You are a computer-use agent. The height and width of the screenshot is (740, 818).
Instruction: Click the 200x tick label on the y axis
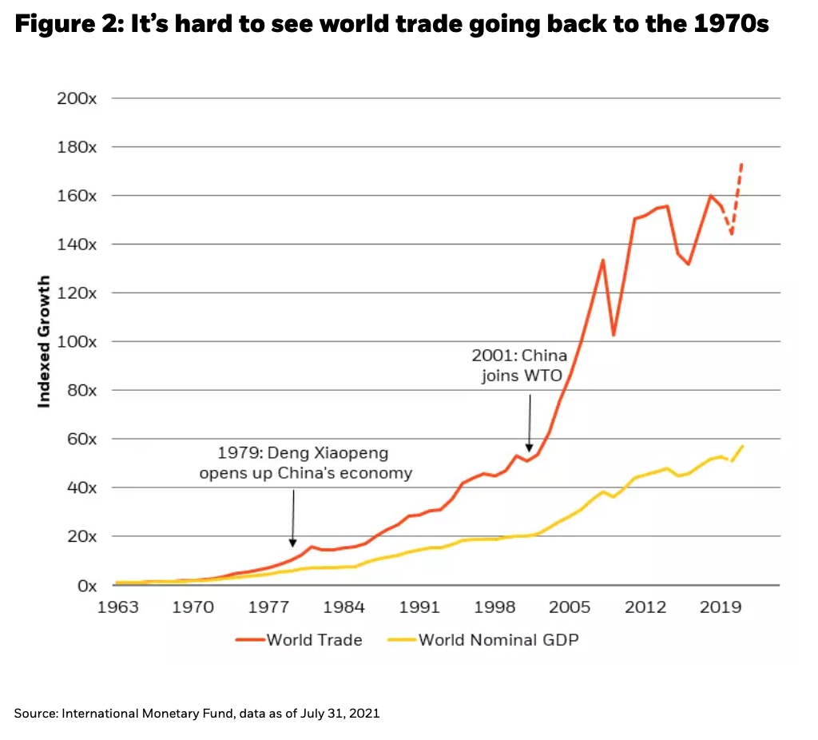point(77,98)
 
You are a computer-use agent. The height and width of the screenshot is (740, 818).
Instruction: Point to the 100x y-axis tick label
point(77,341)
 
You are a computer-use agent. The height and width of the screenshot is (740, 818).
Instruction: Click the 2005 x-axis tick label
point(570,607)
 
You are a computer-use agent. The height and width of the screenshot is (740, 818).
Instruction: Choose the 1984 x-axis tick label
point(344,607)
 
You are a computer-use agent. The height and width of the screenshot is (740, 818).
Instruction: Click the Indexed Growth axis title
point(45,341)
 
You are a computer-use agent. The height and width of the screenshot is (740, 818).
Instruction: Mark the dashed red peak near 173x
point(741,165)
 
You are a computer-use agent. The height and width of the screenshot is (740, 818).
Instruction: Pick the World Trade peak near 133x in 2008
point(602,260)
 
